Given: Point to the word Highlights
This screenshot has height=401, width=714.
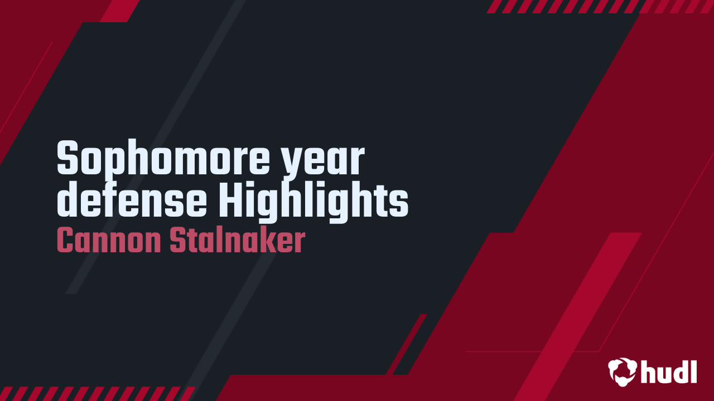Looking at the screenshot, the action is (x=313, y=202).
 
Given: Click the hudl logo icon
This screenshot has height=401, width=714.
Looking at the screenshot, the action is (x=622, y=371).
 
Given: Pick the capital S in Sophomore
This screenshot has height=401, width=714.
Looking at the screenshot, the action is (x=67, y=158).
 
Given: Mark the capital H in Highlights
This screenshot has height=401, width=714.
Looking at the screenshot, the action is (x=231, y=199).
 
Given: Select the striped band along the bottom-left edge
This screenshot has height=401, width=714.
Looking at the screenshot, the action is (x=97, y=394).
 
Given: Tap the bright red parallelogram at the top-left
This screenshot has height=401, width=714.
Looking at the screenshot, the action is (x=120, y=11).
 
